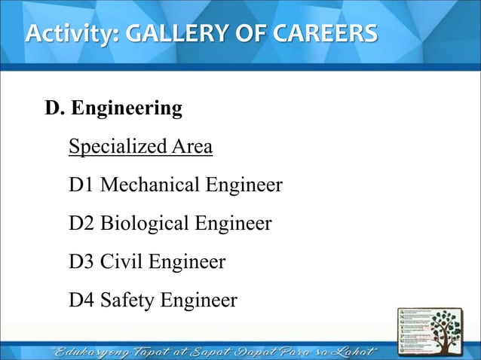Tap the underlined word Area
[x=191, y=145]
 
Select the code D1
[x=81, y=185]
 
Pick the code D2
[x=81, y=224]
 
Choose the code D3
[x=81, y=263]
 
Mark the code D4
[x=81, y=301]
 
